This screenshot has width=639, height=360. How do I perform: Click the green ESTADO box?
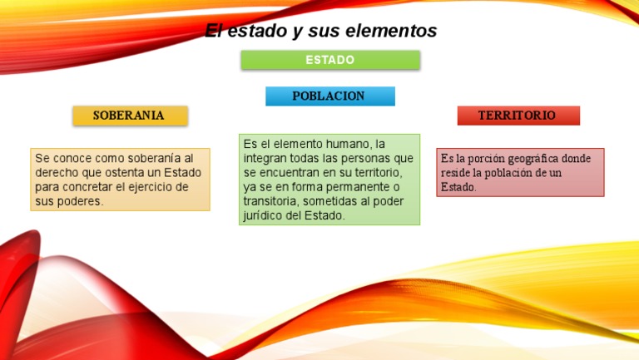point(330,60)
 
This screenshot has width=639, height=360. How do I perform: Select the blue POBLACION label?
point(329,96)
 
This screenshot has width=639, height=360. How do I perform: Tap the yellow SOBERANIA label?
point(129,116)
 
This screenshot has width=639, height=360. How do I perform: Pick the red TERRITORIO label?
point(518,116)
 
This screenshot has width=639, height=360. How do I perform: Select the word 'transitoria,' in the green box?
point(271,202)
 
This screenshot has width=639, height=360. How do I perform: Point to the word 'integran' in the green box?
point(264,158)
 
